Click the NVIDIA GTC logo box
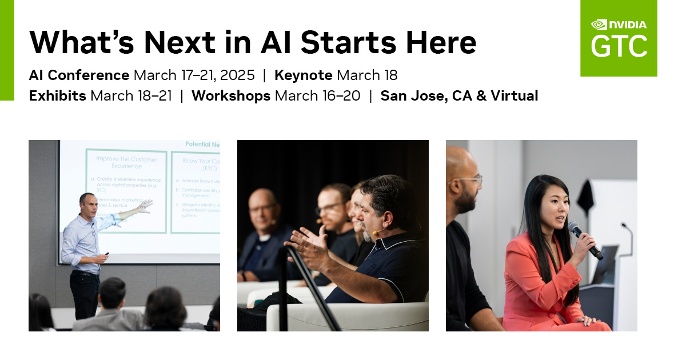619,38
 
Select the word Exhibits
57,96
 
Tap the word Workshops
230,96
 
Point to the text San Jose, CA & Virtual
459,96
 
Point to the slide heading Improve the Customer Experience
126,162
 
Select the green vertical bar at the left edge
7,50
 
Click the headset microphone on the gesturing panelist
377,233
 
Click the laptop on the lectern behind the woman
605,264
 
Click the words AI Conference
79,75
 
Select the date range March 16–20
317,96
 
